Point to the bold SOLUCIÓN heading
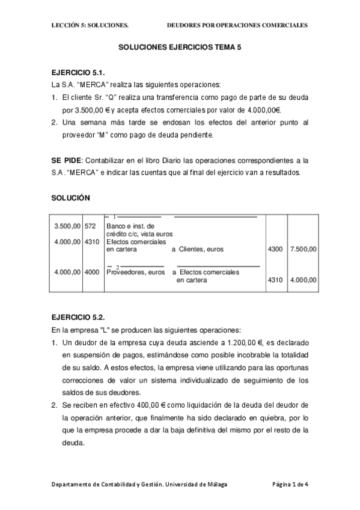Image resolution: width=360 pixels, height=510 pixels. point(71,197)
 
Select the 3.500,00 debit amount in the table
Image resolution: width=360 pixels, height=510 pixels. point(67,226)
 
